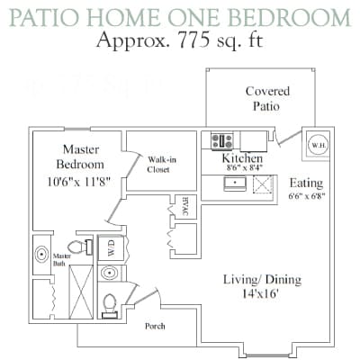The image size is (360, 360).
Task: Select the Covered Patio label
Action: pos(267,99)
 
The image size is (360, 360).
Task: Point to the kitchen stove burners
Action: pos(222,140)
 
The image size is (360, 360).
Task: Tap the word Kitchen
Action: pos(242,158)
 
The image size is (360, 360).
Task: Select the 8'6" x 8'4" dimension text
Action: pos(242,168)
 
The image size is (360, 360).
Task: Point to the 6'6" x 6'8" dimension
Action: pos(307,194)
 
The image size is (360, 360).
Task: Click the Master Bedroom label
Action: pos(80,157)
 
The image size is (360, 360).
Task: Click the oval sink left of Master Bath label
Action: pos(41,255)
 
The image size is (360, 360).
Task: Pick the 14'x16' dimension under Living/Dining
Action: pos(261,294)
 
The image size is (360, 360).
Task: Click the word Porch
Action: pos(155,326)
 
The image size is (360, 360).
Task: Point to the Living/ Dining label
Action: pos(262,280)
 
